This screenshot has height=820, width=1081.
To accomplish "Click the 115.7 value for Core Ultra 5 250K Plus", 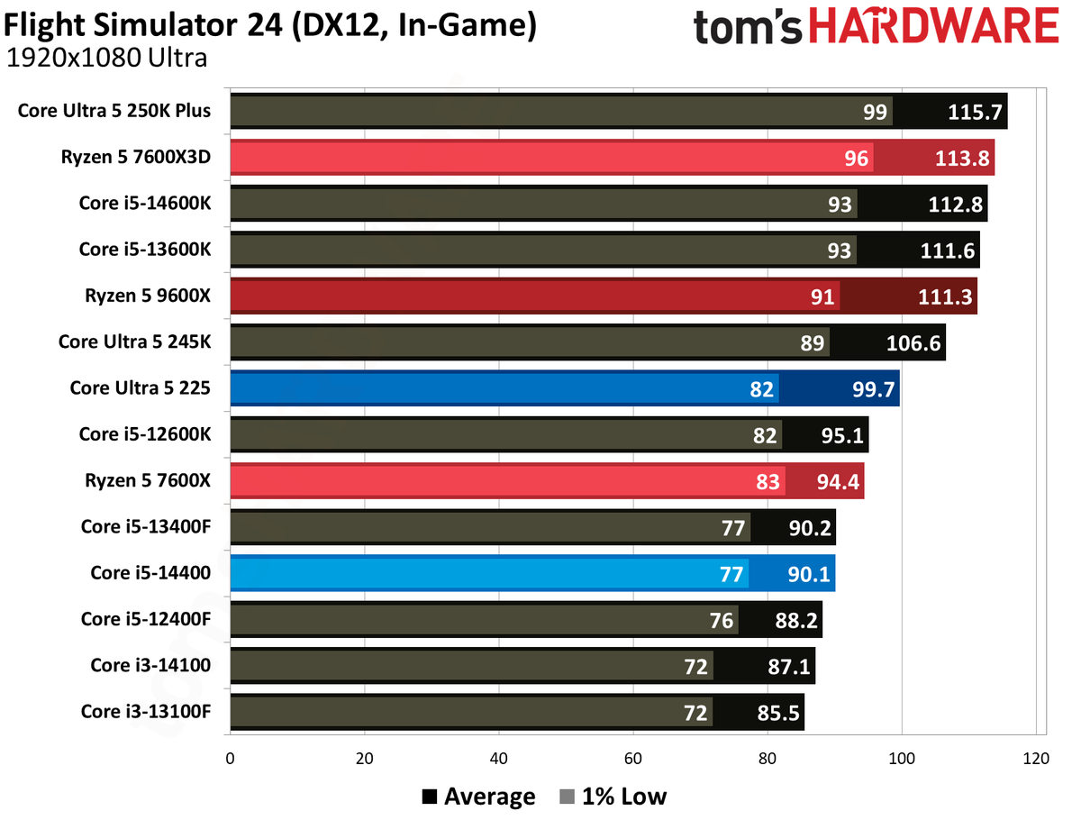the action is coord(974,112).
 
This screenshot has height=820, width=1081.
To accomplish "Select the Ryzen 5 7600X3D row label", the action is coord(136,157).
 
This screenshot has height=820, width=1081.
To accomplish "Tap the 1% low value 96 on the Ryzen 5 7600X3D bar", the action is coord(856,158).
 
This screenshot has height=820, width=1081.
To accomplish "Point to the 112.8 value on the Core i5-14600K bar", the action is coord(955,205).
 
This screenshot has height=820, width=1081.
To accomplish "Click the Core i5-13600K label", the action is coord(145,250).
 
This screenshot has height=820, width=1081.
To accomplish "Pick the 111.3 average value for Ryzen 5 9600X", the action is coord(945,297).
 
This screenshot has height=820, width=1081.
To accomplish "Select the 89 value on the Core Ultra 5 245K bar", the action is coord(812,343).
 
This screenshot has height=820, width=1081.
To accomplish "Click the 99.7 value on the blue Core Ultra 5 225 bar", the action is coord(873,389).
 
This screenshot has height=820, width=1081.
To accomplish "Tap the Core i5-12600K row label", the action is coord(145,434).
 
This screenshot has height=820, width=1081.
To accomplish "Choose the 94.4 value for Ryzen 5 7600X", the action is coord(838,482).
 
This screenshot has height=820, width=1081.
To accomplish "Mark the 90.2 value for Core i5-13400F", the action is coord(810,528).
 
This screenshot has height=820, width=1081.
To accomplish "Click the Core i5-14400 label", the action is coord(150,573).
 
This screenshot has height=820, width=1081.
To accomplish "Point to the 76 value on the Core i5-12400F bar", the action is coord(721,621).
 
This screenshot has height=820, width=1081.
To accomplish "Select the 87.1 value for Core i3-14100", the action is coord(788,667).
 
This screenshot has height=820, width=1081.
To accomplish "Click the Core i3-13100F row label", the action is coord(146,711).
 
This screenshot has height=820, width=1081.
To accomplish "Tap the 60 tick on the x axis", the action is coord(633,758).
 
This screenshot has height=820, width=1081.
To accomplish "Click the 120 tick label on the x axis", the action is coord(1036,758).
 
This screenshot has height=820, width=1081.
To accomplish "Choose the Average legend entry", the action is coord(478,797).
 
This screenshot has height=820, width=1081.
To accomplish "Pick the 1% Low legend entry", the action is coord(613,797).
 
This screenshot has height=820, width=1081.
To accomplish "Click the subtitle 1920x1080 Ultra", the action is coord(107,58).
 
